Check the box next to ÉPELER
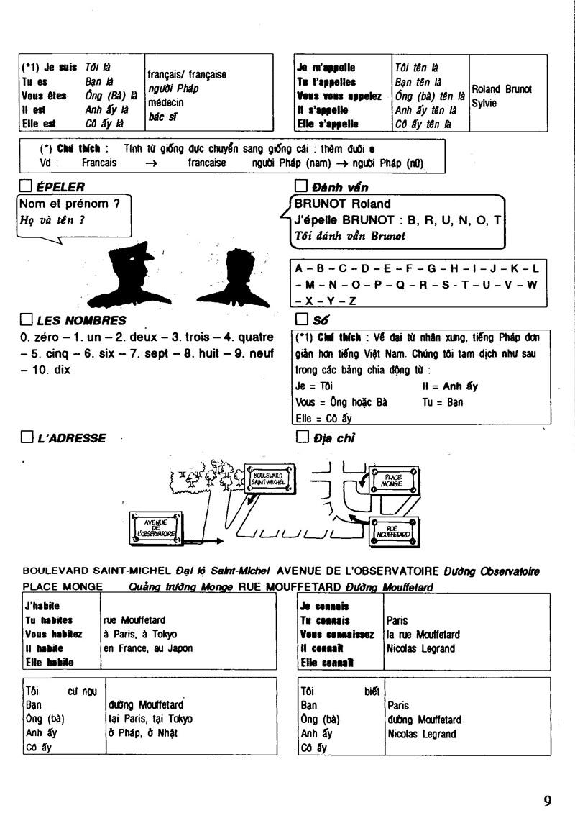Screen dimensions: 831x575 click(27, 187)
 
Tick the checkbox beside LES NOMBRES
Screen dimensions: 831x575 click(27, 320)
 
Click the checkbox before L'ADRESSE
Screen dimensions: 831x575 click(27, 437)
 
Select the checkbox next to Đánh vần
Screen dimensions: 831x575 click(301, 187)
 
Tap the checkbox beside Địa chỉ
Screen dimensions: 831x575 click(301, 437)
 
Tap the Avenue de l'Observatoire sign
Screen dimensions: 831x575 click(155, 527)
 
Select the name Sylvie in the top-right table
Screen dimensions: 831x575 click(484, 103)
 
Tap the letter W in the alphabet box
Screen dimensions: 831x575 click(532, 284)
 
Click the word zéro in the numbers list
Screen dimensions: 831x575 click(43, 337)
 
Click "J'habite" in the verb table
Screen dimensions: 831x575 click(42, 606)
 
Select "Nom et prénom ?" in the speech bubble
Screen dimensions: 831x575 click(69, 204)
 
